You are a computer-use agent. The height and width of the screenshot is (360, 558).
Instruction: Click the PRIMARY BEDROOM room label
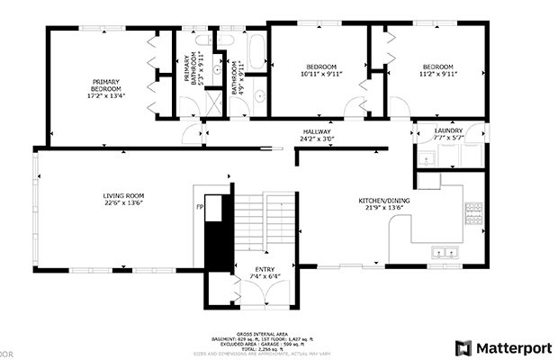tap(105, 85)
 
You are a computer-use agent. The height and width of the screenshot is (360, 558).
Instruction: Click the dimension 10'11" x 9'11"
tap(320, 74)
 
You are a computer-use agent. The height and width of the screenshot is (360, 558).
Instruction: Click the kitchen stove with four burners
tap(473, 213)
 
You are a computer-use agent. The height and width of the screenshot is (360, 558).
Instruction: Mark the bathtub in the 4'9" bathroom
tap(256, 52)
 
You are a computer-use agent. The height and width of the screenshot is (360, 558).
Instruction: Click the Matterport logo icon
tap(463, 347)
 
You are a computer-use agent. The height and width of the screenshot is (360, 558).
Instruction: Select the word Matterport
tap(509, 347)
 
